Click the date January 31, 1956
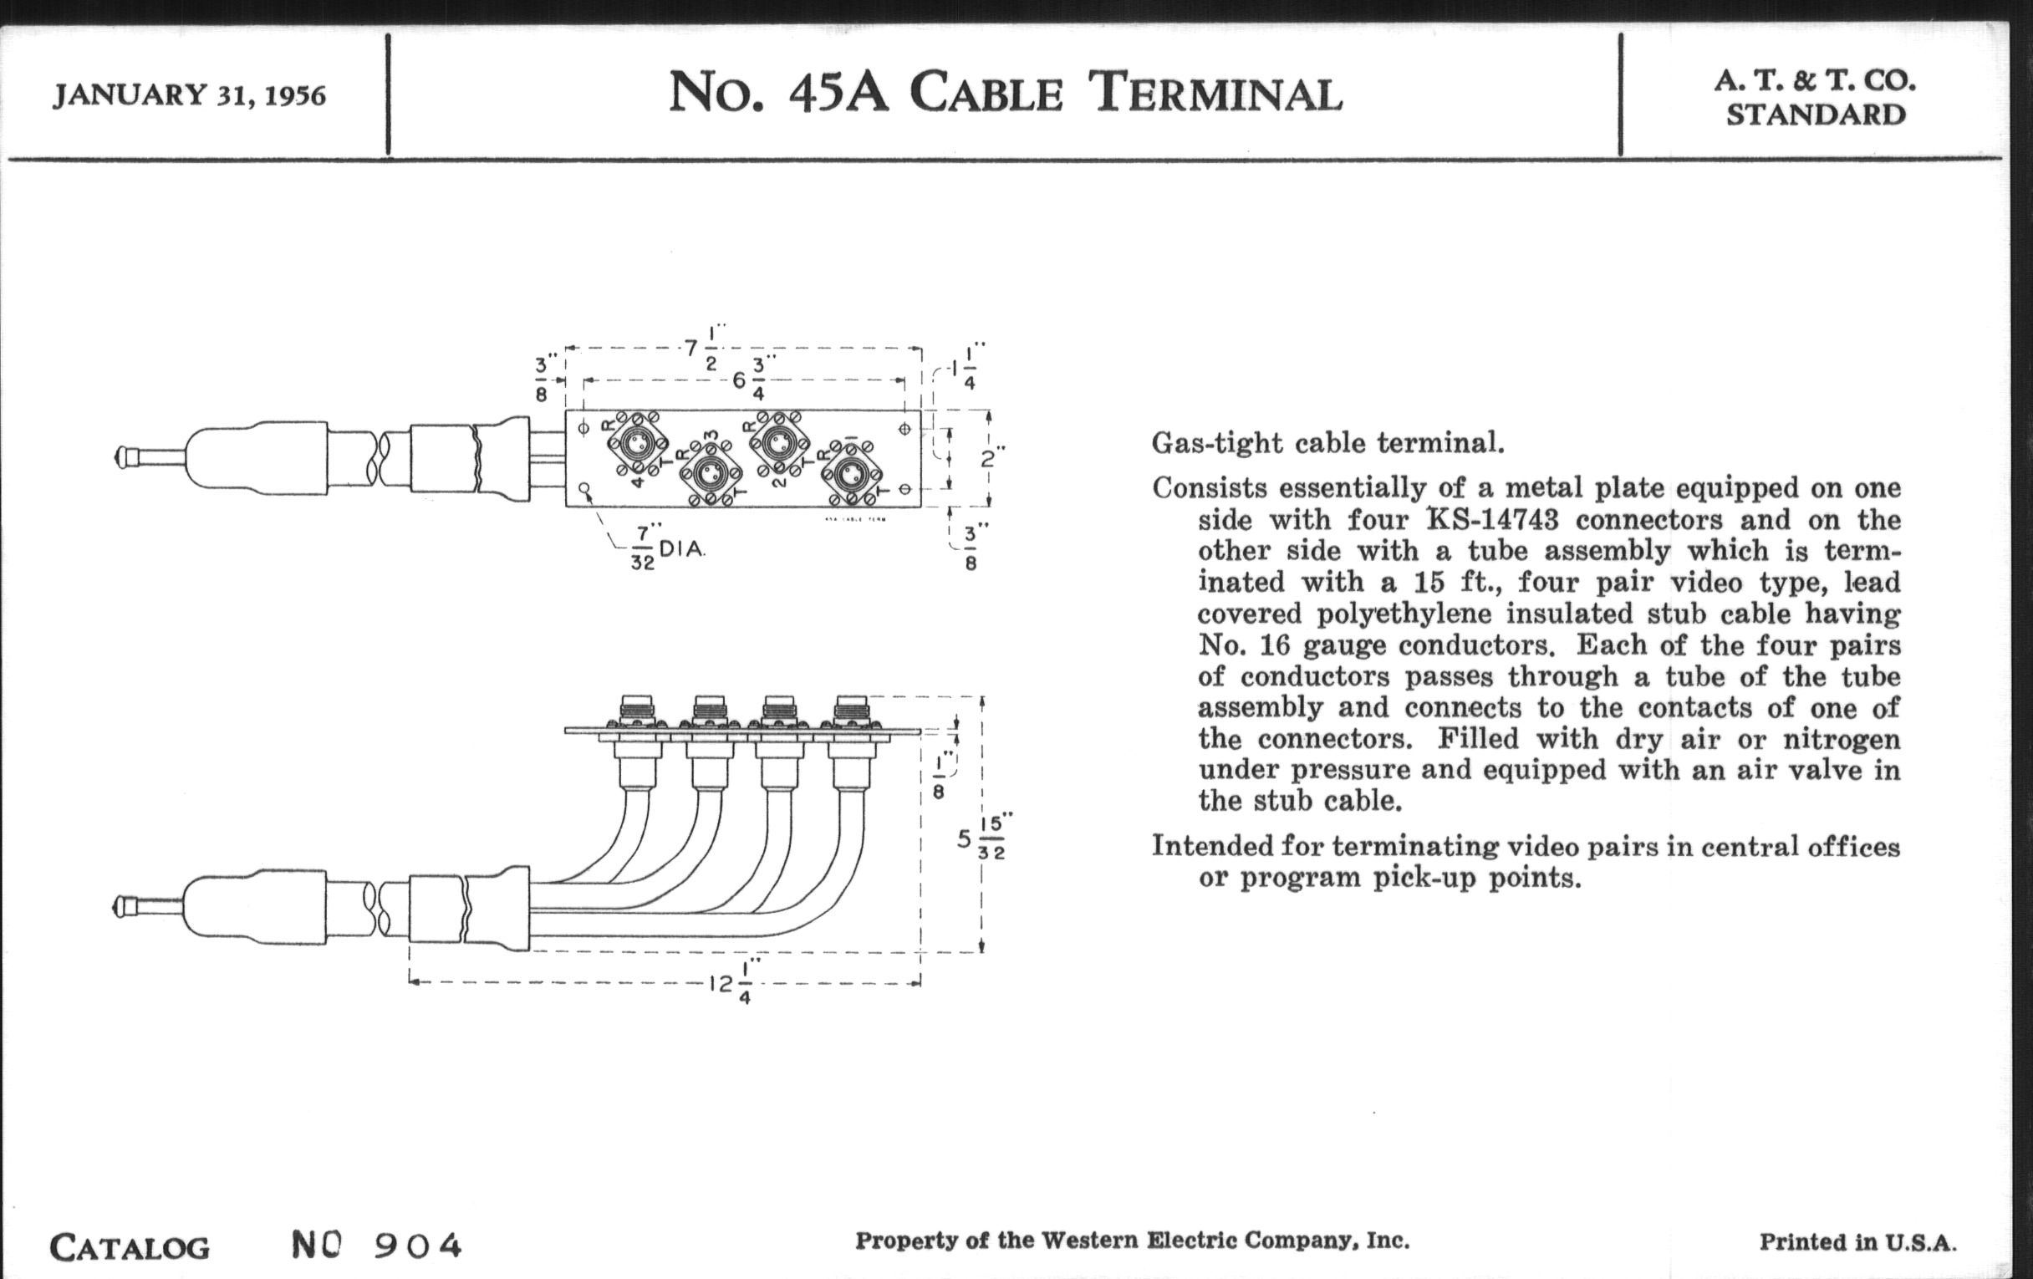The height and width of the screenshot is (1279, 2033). (189, 94)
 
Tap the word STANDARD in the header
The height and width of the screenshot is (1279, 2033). (1815, 115)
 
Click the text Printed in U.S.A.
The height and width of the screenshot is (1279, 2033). (1857, 1242)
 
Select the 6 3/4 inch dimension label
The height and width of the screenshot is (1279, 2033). (748, 380)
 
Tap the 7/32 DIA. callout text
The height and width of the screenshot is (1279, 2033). (667, 549)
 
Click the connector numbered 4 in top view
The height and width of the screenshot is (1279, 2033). (636, 441)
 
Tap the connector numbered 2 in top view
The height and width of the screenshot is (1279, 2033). (778, 441)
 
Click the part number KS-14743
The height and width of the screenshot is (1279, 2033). (1492, 519)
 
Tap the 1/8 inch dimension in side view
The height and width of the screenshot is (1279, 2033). (939, 777)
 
